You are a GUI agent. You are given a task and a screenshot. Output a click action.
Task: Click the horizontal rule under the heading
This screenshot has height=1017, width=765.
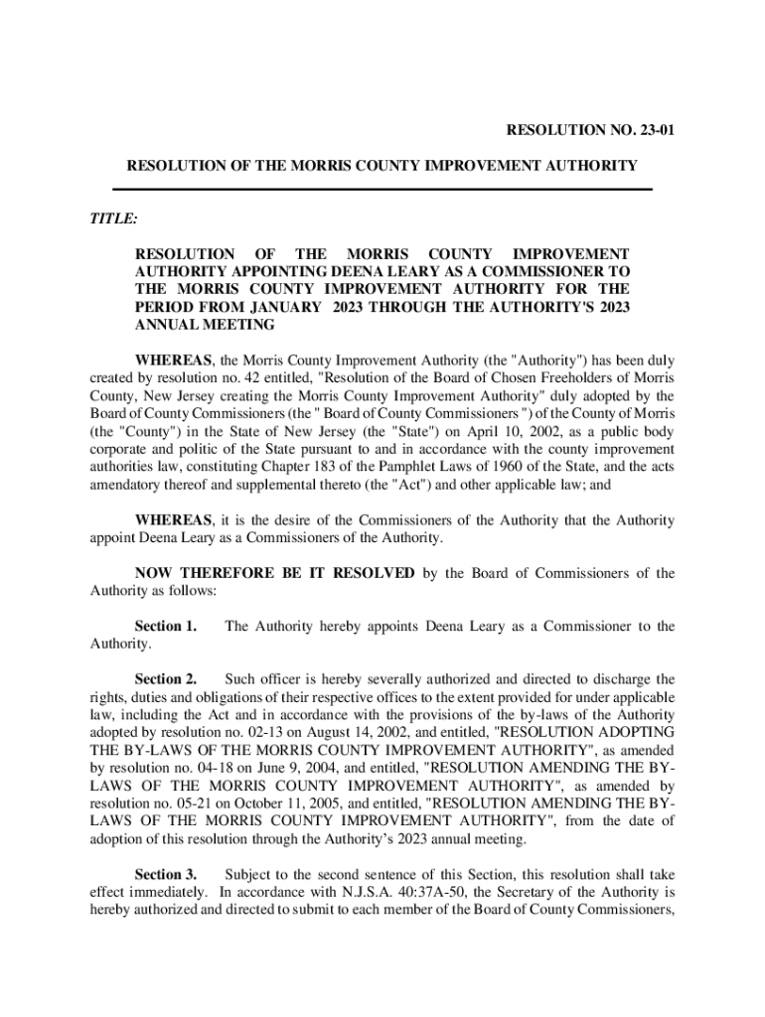tap(382, 189)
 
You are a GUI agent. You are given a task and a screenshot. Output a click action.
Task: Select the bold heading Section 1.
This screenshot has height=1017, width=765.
tap(165, 627)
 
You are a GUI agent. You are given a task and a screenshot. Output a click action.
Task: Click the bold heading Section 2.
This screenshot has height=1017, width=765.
tap(165, 680)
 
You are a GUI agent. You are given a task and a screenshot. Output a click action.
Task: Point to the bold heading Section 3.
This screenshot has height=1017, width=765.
tap(165, 875)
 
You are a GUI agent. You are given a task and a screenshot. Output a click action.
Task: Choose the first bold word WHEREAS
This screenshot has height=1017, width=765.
tap(173, 361)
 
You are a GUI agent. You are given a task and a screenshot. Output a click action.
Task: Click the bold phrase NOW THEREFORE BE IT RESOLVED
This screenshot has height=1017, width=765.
tap(275, 573)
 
